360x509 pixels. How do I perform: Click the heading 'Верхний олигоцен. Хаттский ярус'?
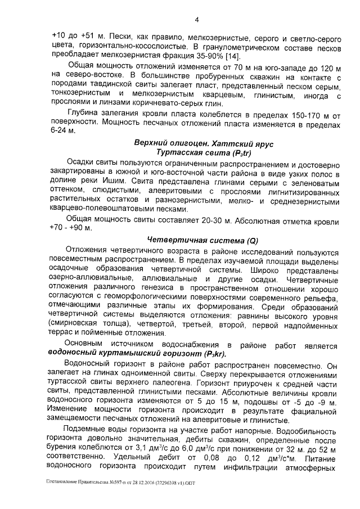point(204,144)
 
